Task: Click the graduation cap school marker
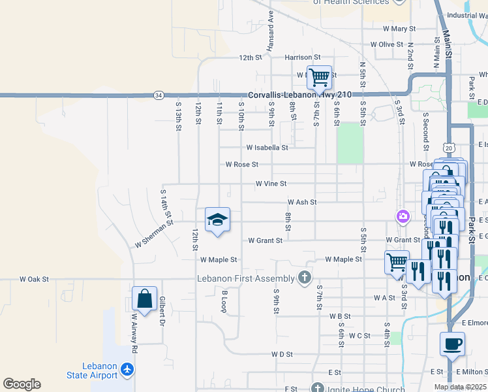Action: click(218, 220)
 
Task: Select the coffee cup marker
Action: click(452, 344)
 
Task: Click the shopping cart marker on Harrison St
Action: click(319, 77)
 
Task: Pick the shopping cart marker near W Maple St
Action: click(397, 262)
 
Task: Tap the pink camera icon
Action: click(403, 216)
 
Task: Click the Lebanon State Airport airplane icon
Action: click(127, 370)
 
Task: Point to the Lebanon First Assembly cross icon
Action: click(304, 278)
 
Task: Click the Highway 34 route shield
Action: click(159, 95)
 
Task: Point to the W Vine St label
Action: click(271, 184)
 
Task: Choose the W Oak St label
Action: click(34, 279)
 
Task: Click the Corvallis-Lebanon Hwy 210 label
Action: click(299, 95)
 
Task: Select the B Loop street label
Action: click(224, 301)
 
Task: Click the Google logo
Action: click(22, 384)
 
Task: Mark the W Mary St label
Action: click(399, 29)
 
